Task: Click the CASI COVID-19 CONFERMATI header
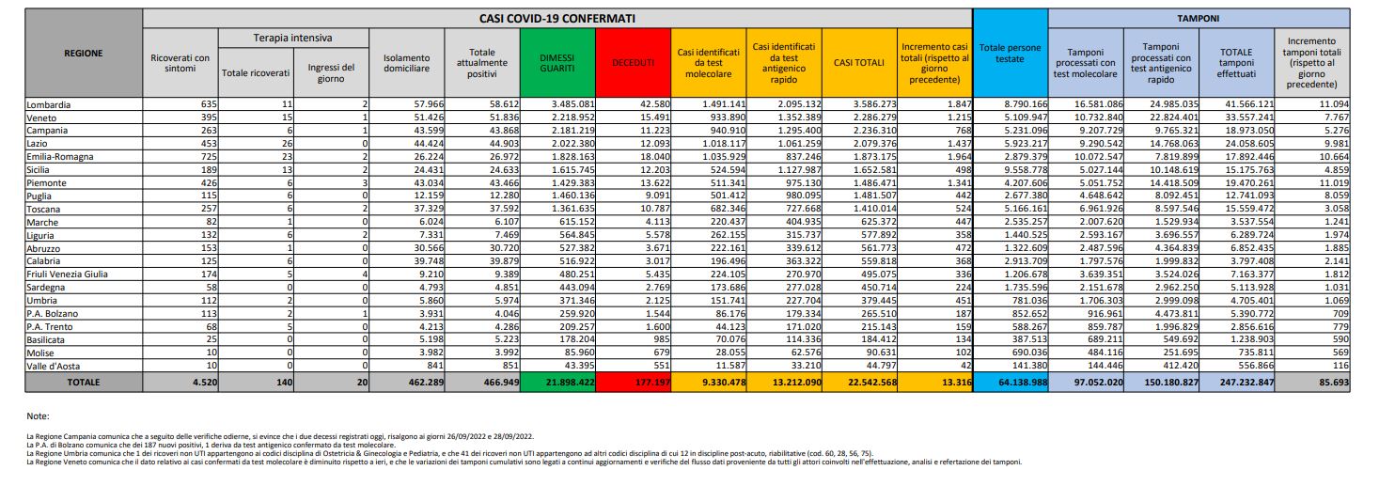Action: [x=556, y=17]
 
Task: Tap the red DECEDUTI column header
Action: [x=633, y=62]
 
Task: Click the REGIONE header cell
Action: [x=84, y=53]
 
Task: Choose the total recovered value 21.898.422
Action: [x=561, y=383]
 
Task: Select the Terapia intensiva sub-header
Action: [x=293, y=37]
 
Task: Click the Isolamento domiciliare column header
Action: [x=407, y=62]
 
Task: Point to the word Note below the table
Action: [x=39, y=415]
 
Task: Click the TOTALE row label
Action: [x=84, y=383]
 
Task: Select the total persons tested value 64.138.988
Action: [x=1011, y=383]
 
